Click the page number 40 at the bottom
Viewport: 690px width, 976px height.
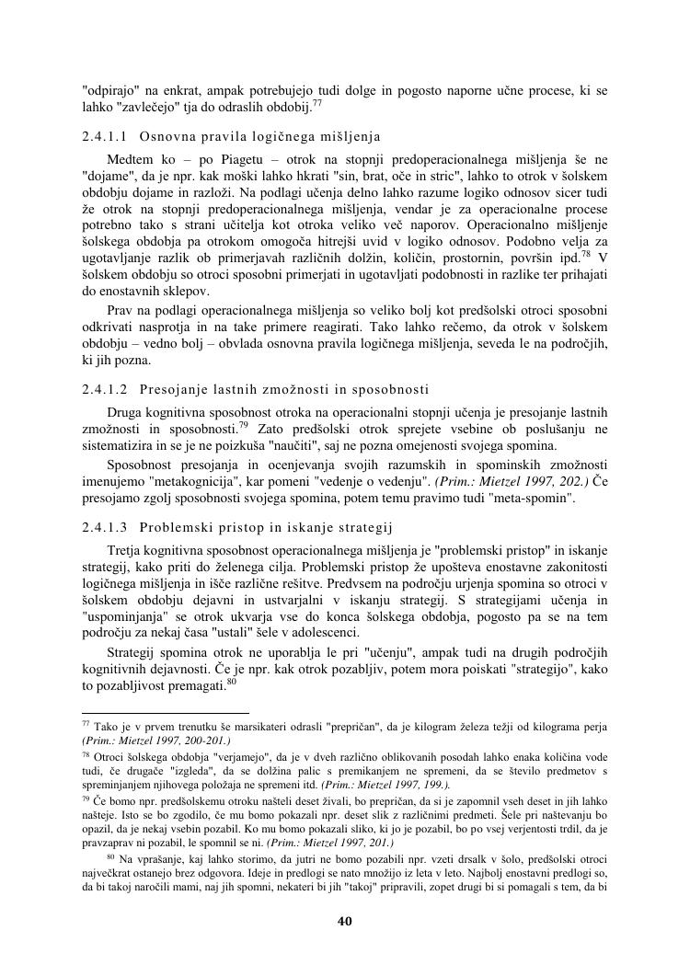pyautogui.click(x=345, y=921)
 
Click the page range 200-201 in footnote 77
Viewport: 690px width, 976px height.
pyautogui.click(x=197, y=740)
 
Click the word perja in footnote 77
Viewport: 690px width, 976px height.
pyautogui.click(x=592, y=727)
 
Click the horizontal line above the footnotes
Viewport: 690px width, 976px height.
pyautogui.click(x=166, y=712)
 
